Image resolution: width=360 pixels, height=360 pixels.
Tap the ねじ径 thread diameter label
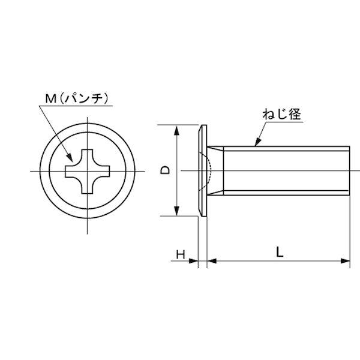[281, 114]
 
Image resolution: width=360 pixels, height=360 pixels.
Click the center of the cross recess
[88, 172]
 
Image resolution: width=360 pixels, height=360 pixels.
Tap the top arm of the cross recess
[88, 155]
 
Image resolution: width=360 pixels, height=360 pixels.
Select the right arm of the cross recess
[104, 172]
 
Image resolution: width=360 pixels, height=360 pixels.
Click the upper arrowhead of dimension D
[176, 130]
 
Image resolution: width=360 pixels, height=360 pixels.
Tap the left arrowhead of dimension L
[212, 261]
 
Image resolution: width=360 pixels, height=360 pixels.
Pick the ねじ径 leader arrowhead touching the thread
[257, 143]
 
